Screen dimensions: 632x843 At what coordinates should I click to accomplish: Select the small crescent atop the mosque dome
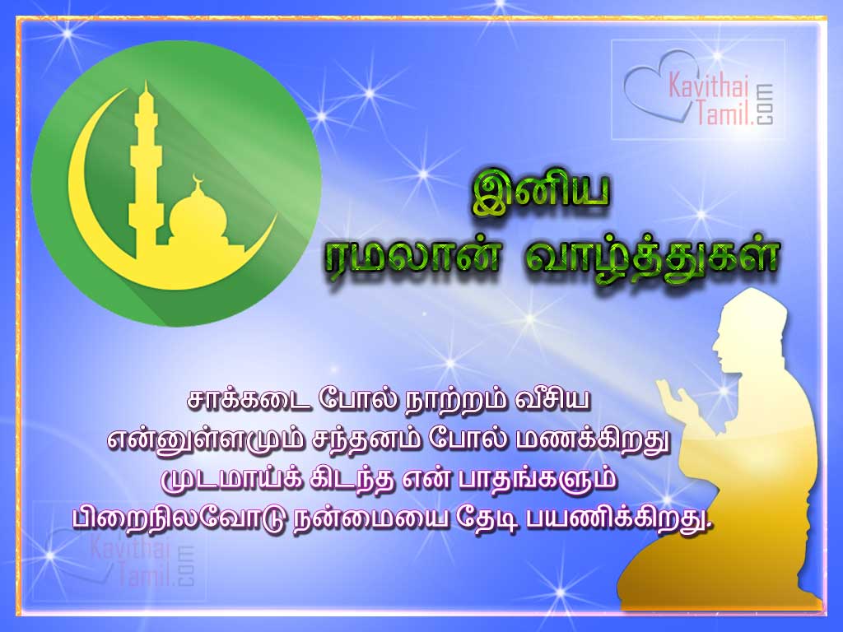196,179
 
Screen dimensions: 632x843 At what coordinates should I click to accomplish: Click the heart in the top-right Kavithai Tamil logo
650,82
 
